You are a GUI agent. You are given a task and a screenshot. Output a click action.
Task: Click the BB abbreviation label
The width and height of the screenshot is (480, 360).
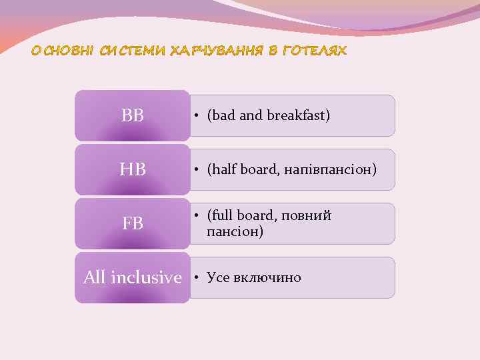133,116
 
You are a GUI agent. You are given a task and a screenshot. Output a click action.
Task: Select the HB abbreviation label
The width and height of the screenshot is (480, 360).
133,170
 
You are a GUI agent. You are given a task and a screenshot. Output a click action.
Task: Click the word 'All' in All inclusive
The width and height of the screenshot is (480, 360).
95,277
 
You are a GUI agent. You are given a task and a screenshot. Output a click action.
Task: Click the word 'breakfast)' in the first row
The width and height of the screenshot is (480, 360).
299,115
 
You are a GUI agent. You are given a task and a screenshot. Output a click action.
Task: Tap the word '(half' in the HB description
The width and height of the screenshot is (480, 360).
222,169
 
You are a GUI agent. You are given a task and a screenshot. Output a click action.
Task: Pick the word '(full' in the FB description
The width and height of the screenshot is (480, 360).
221,216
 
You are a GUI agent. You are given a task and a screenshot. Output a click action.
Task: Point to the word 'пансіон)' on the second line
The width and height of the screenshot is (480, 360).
235,232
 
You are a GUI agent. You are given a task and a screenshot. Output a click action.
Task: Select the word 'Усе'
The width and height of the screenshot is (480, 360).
218,277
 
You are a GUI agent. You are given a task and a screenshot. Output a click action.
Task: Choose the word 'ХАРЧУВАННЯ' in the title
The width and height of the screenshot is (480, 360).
219,51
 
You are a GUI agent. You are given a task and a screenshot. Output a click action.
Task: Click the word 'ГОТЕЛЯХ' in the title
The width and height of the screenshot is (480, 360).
315,51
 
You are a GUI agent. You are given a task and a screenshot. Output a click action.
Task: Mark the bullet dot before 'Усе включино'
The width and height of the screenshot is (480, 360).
197,277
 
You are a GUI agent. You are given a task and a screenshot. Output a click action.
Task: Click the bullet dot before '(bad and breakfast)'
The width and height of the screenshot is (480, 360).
197,116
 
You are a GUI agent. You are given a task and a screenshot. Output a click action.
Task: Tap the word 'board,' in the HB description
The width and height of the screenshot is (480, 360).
262,169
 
